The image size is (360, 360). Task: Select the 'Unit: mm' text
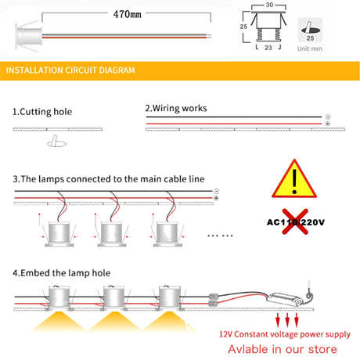pyautogui.click(x=311, y=48)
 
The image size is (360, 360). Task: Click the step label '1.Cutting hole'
pyautogui.click(x=42, y=110)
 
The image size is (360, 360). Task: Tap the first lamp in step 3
pyautogui.click(x=56, y=232)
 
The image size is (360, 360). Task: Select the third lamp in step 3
pyautogui.click(x=165, y=232)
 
